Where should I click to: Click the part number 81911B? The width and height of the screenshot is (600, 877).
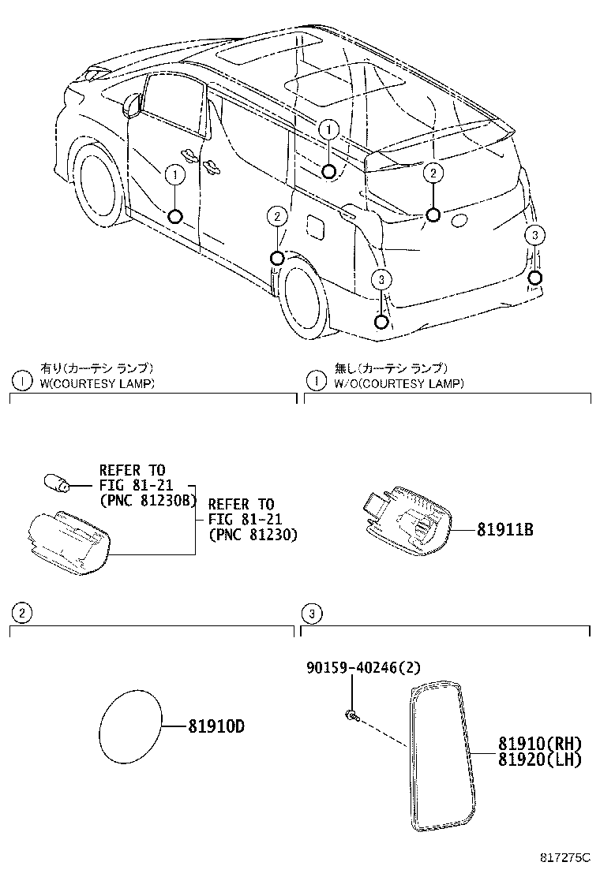(504, 530)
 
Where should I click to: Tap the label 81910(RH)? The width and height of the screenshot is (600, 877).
(539, 744)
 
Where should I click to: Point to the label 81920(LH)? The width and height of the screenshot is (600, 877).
(539, 759)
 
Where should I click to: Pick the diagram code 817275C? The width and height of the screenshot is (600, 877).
(564, 856)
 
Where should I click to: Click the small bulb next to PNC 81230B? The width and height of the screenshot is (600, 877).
(57, 482)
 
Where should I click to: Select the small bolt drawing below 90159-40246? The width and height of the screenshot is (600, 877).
(351, 715)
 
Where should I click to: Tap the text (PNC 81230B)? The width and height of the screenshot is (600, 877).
(146, 499)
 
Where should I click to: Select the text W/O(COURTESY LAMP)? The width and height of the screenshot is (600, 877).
(398, 383)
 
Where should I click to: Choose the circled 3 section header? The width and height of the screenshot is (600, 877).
(313, 613)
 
